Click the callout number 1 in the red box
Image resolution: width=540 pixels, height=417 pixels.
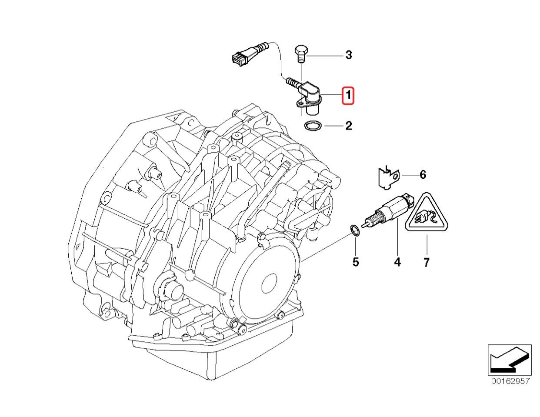point(348,96)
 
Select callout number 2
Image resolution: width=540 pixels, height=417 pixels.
point(348,126)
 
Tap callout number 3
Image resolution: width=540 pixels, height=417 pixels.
point(348,55)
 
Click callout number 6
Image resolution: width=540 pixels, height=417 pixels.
point(422,175)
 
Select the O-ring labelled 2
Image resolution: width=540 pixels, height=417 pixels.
point(313,126)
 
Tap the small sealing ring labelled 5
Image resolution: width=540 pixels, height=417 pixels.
point(355,230)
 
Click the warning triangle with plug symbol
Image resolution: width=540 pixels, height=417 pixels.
point(427,215)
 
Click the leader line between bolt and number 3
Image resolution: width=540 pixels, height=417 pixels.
point(326,56)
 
